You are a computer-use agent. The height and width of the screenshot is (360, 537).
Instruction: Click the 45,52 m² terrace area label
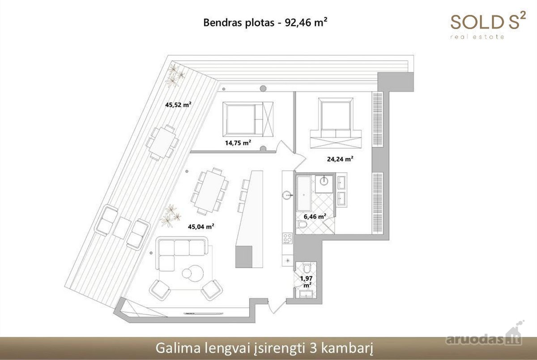178,105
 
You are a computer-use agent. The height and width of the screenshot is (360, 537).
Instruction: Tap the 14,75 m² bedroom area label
238,143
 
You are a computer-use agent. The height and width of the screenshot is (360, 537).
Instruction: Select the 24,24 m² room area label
340,159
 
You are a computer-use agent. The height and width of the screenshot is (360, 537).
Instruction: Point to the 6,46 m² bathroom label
315,217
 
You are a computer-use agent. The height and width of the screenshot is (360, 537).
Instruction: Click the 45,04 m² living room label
201,227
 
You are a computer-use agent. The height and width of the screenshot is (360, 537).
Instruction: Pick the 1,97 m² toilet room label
307,282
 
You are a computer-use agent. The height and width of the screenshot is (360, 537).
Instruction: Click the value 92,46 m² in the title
306,22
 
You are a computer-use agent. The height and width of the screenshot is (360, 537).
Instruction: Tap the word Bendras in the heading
222,22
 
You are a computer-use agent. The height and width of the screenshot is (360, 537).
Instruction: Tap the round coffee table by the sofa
193,273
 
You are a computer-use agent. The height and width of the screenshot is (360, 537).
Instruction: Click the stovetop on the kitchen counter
287,238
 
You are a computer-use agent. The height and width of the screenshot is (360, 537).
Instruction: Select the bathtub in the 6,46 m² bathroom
304,193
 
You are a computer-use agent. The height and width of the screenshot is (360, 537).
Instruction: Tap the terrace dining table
162,142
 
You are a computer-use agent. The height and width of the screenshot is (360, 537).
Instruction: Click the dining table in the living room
210,191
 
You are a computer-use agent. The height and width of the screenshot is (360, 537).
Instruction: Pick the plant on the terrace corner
175,76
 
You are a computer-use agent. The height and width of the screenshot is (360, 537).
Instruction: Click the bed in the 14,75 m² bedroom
248,119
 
